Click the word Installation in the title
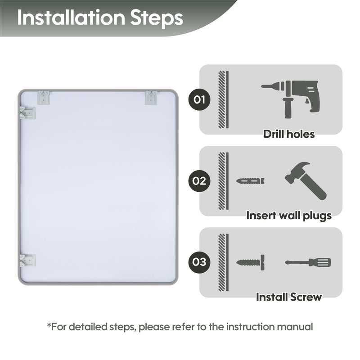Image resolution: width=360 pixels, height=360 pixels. point(71,18)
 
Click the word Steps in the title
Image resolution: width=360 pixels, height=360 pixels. point(157,19)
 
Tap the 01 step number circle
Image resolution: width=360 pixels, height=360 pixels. point(199,99)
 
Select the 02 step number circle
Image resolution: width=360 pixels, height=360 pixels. point(199,181)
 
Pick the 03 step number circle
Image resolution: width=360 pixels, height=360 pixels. point(199,262)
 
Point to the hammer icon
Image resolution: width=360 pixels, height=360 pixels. point(306,181)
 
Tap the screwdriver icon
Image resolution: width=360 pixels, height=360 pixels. point(308,262)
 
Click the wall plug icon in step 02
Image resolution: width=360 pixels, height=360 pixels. point(250,181)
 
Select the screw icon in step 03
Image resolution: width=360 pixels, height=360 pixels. point(251,262)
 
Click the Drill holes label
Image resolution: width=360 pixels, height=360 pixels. point(289,134)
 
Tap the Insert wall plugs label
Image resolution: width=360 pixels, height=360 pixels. point(289,216)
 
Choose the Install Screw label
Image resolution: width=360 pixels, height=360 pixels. point(289,297)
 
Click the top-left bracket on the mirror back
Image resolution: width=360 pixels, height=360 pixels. point(43,98)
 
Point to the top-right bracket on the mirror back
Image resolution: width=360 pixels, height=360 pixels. point(151,98)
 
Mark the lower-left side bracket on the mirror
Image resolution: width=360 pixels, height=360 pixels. point(27,261)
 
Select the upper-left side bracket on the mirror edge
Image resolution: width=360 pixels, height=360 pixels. point(27,113)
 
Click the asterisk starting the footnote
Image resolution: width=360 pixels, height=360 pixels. point(49,324)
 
